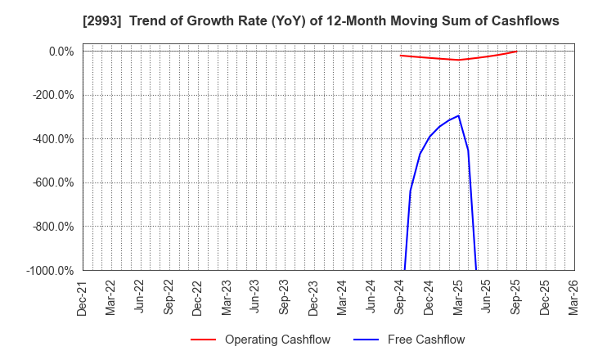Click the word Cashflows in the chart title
coord(522,21)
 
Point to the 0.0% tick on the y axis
coord(61,52)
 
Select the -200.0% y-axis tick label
coord(54,95)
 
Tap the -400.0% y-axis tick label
coord(54,139)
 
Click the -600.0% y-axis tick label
coord(54,182)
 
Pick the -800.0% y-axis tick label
coord(54,227)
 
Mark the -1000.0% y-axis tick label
coord(52,270)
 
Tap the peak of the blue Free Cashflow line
coord(458,115)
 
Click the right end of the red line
coord(516,52)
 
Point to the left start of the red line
coord(400,56)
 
